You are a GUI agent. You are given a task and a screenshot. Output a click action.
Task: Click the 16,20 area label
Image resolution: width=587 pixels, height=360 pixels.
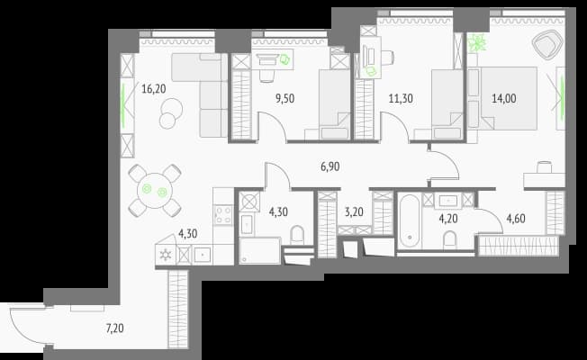tap(153, 89)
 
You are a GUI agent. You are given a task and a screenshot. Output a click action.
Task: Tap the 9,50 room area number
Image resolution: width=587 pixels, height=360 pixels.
tap(284, 99)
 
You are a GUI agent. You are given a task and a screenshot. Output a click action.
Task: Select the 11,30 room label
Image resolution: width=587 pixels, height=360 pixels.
tap(401, 99)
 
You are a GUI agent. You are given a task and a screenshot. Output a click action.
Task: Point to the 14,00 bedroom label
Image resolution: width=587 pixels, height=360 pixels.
tap(504, 99)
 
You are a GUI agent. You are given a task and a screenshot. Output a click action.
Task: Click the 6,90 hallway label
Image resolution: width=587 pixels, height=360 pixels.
tap(330, 166)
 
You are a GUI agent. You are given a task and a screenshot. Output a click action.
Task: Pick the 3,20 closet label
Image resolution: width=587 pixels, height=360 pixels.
tap(354, 212)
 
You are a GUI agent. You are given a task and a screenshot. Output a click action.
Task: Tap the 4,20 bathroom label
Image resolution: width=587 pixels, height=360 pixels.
tap(448, 219)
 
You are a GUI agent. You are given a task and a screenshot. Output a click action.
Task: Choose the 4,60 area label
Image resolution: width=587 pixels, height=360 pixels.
tap(516, 219)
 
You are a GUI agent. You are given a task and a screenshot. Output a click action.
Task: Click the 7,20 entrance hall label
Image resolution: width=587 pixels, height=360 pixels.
tap(115, 328)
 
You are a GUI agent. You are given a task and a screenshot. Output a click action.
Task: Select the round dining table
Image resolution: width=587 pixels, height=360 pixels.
tap(155, 191)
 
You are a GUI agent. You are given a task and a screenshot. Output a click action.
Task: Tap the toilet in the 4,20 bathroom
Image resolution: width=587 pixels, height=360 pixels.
tap(449, 240)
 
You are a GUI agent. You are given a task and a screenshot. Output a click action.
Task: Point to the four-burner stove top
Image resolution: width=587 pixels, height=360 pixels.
tap(222, 215)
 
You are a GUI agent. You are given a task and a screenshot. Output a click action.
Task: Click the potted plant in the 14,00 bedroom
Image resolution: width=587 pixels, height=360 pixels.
tap(476, 42)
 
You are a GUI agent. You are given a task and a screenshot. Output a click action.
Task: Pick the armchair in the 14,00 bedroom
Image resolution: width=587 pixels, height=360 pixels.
tap(547, 44)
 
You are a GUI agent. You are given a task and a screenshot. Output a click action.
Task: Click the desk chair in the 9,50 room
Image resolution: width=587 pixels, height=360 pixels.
tap(266, 75)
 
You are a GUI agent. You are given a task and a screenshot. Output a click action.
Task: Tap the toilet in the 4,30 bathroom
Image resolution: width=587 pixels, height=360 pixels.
tap(298, 235)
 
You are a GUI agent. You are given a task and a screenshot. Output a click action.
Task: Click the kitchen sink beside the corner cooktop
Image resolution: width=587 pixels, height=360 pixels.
tap(203, 255)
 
